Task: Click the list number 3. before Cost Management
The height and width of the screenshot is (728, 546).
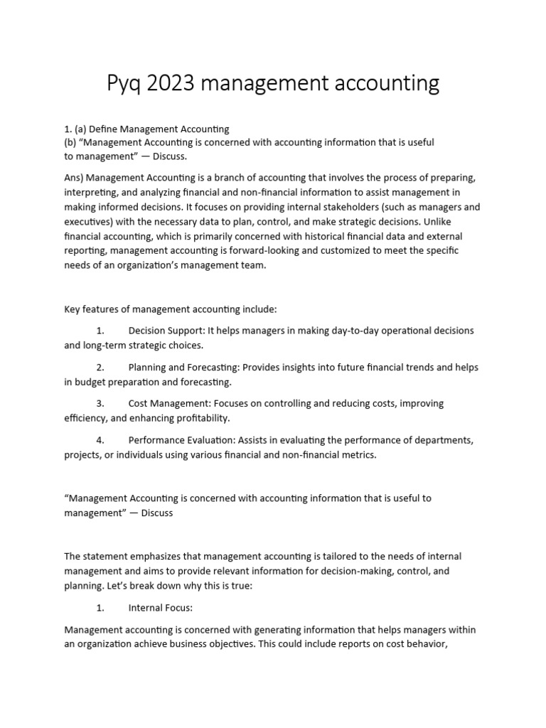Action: (100, 403)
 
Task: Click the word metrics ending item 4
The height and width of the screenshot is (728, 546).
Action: (356, 454)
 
